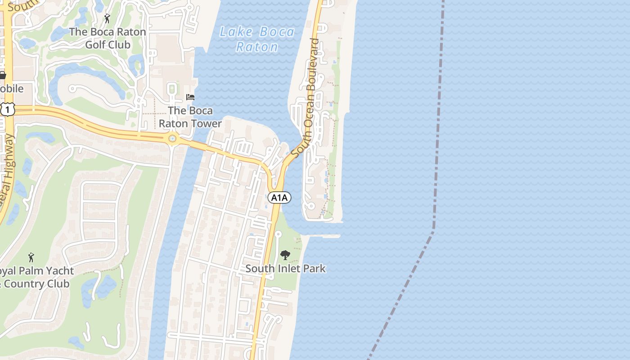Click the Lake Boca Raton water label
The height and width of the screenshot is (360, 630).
pyautogui.click(x=257, y=39)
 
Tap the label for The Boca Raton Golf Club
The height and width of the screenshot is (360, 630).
pyautogui.click(x=108, y=38)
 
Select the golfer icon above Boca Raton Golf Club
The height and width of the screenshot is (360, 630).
pyautogui.click(x=107, y=19)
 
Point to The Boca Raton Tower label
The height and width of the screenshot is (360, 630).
pyautogui.click(x=190, y=117)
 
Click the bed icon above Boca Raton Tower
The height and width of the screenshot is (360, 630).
pyautogui.click(x=190, y=97)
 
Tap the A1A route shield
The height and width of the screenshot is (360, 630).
pyautogui.click(x=279, y=198)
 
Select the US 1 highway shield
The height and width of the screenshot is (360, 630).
pyautogui.click(x=8, y=109)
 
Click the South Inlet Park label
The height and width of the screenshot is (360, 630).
pyautogui.click(x=285, y=269)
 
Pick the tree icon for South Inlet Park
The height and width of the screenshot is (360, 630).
pyautogui.click(x=285, y=255)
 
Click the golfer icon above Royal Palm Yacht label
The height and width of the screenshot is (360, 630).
pyautogui.click(x=31, y=257)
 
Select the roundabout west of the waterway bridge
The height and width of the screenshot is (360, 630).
pyautogui.click(x=172, y=139)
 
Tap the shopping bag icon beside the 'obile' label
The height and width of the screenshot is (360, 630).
pyautogui.click(x=2, y=75)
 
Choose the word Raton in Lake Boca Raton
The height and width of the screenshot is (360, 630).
pyautogui.click(x=257, y=47)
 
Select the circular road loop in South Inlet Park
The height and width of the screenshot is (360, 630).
pyautogui.click(x=278, y=234)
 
